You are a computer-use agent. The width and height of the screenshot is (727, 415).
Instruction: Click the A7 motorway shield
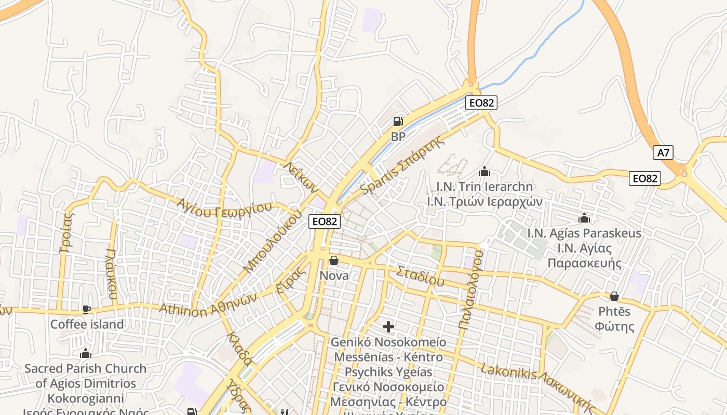663,153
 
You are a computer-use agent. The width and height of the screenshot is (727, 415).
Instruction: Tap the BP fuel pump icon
398,121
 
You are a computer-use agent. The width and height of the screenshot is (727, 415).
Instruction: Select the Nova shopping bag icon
334,260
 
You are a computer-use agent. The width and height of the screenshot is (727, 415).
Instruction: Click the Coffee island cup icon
87,309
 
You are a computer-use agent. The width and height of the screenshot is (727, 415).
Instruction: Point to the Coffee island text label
87,325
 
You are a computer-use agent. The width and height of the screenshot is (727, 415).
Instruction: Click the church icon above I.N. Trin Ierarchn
484,171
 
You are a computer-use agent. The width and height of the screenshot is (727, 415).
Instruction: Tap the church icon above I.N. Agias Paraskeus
584,218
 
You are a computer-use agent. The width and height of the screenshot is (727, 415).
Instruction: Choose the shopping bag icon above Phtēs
614,296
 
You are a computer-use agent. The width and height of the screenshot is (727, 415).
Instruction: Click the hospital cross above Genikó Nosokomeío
388,326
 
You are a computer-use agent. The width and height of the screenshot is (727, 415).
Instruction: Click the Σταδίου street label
420,276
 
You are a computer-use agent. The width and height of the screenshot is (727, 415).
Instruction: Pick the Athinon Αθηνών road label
208,305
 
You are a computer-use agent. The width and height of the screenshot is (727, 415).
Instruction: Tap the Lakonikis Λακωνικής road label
536,384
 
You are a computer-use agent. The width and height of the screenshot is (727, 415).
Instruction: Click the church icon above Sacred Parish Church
86,354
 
